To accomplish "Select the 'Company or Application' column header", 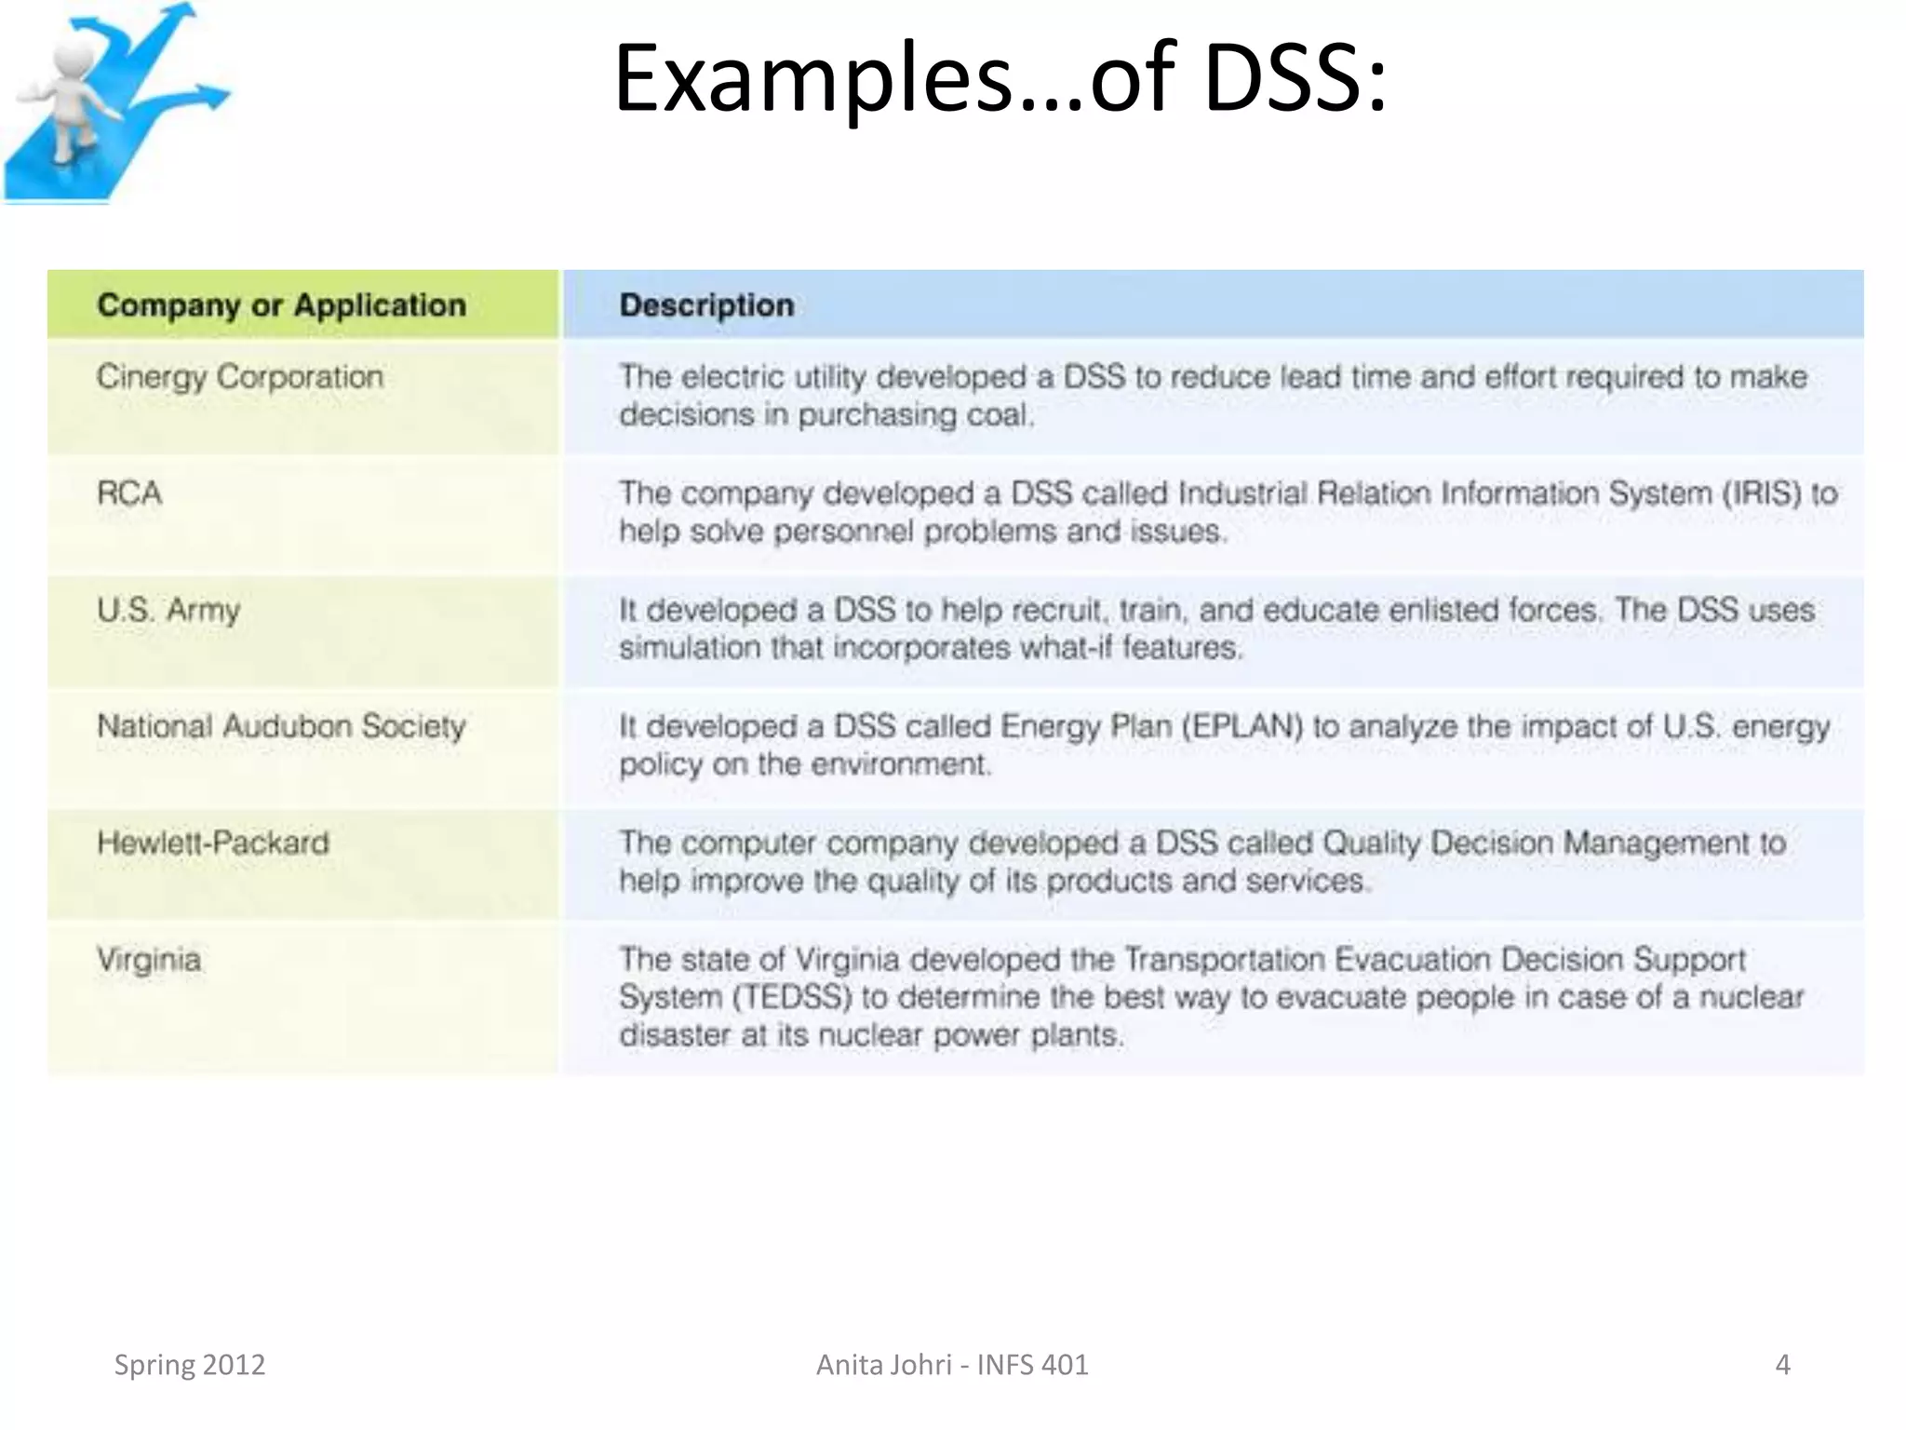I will [x=281, y=305].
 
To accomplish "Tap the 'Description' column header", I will [x=706, y=305].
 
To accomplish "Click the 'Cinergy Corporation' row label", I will [x=239, y=377].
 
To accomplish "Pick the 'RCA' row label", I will [x=129, y=493].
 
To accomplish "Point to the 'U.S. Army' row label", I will [x=168, y=611].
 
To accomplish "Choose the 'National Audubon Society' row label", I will [x=281, y=726].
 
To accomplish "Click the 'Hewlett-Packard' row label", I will [x=213, y=843].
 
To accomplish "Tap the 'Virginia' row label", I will [x=149, y=960].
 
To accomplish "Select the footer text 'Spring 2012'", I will [x=190, y=1365].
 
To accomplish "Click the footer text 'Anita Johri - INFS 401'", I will [x=952, y=1365].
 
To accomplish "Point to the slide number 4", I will [x=1782, y=1365].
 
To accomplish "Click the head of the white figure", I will [x=73, y=58].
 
